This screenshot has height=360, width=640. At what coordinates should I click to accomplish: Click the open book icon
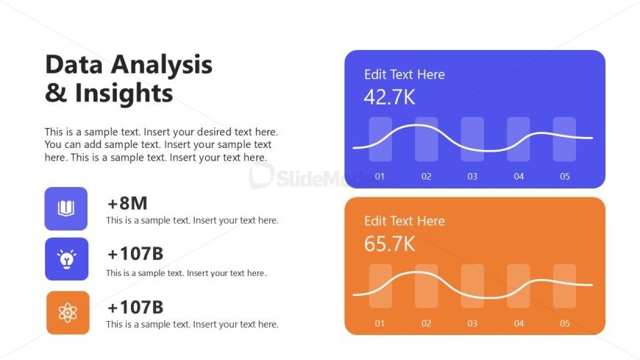tap(65, 208)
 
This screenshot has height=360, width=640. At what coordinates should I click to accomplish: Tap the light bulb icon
tap(66, 259)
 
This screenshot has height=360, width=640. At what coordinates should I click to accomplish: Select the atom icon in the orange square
tap(68, 313)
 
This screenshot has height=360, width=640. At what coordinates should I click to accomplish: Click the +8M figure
tap(127, 203)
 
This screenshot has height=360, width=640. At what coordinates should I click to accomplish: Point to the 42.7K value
tap(389, 97)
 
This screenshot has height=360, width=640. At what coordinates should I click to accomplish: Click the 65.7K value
tap(389, 244)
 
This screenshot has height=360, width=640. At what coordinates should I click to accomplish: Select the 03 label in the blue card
tap(472, 177)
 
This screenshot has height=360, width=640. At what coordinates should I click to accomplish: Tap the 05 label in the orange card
tap(564, 324)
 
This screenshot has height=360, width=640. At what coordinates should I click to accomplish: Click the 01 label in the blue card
tap(380, 177)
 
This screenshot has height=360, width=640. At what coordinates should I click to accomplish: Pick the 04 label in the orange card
tap(519, 324)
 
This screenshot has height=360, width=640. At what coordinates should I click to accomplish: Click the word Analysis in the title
tap(162, 66)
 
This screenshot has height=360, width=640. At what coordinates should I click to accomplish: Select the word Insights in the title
tap(124, 93)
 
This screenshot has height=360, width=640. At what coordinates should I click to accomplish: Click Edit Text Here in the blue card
tap(405, 74)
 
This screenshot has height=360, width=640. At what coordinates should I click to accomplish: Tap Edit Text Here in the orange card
tap(405, 221)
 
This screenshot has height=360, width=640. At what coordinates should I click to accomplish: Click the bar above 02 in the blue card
tap(426, 139)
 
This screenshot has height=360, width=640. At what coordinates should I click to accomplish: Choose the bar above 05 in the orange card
tap(564, 286)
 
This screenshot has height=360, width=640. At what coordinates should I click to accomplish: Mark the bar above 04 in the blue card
tap(519, 139)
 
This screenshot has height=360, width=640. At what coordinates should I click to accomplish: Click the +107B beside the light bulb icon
tap(135, 254)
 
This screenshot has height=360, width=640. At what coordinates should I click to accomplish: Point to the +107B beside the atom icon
tap(135, 307)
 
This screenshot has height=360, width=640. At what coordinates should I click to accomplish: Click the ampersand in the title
tap(56, 93)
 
